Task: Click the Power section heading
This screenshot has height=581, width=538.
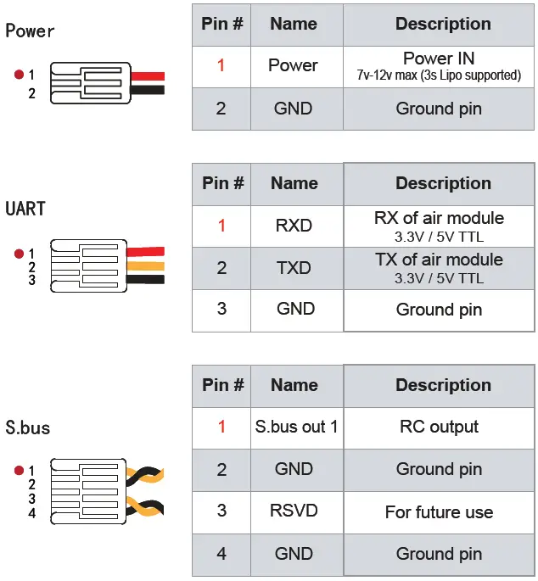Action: (30, 31)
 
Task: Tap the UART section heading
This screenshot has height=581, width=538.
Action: (25, 209)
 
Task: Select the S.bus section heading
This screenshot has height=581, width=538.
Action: (27, 427)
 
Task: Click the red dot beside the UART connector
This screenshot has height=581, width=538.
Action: (19, 253)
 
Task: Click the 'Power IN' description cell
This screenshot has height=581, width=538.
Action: (439, 65)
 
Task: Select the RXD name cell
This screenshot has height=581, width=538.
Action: (294, 226)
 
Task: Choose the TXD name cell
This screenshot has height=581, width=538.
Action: (294, 268)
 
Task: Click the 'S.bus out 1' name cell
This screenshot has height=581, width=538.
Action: (296, 427)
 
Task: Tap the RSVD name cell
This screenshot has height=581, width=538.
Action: (294, 511)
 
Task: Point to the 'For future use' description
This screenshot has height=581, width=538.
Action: (439, 511)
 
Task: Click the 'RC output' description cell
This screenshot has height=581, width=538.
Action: (439, 427)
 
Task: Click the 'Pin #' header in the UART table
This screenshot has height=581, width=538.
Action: (222, 183)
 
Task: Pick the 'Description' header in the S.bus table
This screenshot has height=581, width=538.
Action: (442, 385)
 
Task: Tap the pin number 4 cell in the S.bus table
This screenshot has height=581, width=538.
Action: (221, 554)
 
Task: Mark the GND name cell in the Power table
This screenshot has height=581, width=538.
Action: (294, 109)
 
